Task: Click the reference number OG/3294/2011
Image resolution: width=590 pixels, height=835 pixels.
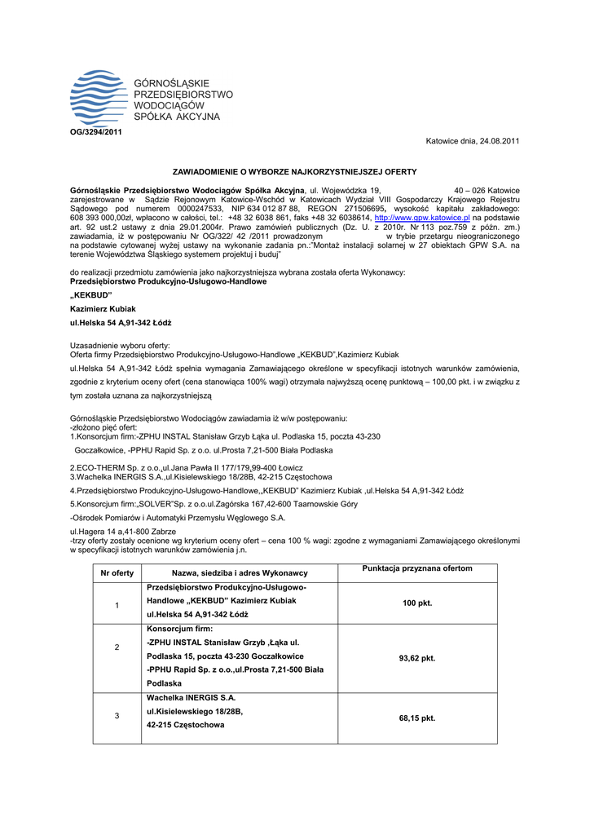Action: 94,132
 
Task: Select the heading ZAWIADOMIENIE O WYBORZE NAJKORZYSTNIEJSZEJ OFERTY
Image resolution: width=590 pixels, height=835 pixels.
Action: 294,172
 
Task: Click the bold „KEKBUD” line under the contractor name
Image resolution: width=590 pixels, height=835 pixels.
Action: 91,294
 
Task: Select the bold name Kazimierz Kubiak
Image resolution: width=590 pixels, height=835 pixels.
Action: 103,309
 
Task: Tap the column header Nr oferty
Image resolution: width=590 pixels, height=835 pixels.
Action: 117,573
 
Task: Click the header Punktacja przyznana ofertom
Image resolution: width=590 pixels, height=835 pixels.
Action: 417,568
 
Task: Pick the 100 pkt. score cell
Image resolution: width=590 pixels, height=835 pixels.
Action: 417,603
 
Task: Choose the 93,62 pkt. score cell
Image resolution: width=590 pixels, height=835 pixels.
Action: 417,657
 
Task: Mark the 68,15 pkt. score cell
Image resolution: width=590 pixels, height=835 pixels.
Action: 417,718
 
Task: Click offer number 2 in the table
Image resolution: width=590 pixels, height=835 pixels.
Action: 117,647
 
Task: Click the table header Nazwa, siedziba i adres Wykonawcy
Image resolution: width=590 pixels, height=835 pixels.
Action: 240,573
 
